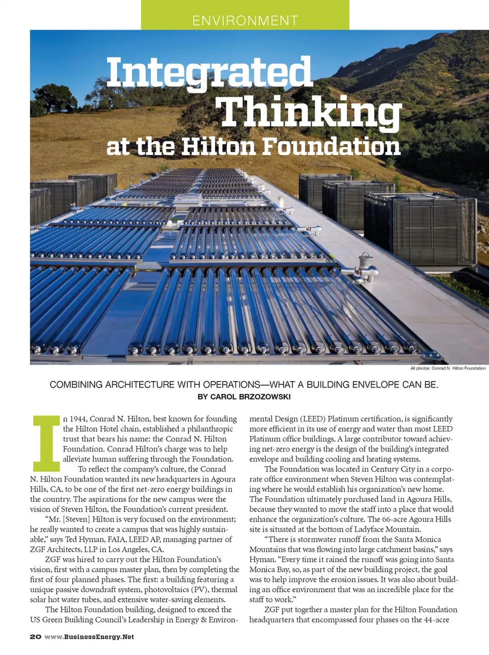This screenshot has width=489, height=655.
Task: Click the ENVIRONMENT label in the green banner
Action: [x=245, y=20]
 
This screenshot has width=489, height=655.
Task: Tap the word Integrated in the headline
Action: [x=209, y=72]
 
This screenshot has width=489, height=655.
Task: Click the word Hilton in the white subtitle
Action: [x=219, y=146]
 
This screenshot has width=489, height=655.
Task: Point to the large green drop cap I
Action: [x=46, y=443]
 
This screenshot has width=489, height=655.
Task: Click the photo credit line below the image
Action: [x=448, y=368]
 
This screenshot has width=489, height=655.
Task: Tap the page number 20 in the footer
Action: [x=35, y=637]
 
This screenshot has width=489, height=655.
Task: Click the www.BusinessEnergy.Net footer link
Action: [x=89, y=637]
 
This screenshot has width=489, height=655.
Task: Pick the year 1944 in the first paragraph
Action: [x=77, y=419]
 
